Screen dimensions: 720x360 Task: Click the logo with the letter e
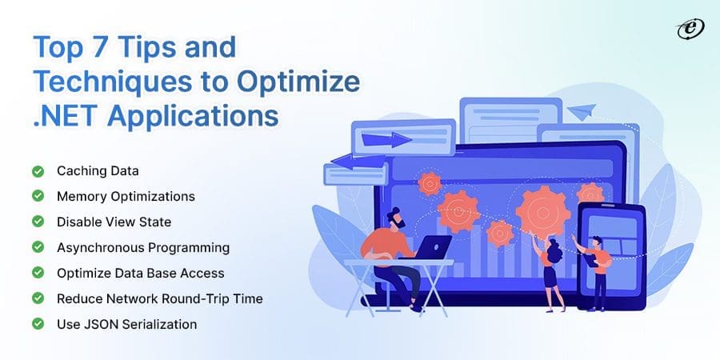pyautogui.click(x=690, y=30)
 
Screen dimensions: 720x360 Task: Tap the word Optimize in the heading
pyautogui.click(x=298, y=82)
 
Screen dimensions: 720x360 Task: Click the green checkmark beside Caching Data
pyautogui.click(x=38, y=171)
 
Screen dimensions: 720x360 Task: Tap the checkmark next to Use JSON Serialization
pyautogui.click(x=38, y=324)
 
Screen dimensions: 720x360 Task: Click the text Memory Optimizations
pyautogui.click(x=126, y=197)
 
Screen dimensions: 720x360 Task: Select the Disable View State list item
pyautogui.click(x=114, y=222)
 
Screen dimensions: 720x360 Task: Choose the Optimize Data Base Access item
pyautogui.click(x=141, y=274)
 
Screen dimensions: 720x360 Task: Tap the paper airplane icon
pyautogui.click(x=582, y=111)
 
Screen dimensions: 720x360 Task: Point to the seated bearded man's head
pyautogui.click(x=396, y=218)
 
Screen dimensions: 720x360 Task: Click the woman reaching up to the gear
pyautogui.click(x=550, y=271)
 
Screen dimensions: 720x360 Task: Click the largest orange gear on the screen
pyautogui.click(x=542, y=211)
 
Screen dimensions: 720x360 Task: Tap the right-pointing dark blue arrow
pyautogui.click(x=386, y=139)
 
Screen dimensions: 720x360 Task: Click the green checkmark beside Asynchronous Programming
pyautogui.click(x=38, y=247)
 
